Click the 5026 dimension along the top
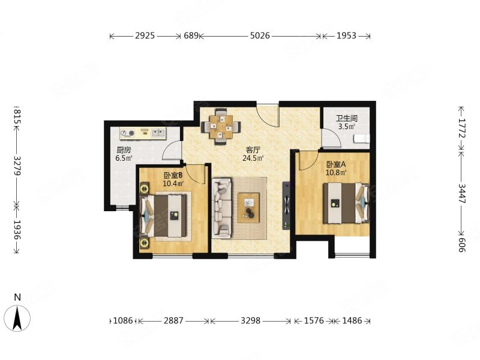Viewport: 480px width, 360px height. point(260,36)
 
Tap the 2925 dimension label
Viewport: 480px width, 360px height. point(145,36)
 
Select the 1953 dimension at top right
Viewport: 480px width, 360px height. point(347,36)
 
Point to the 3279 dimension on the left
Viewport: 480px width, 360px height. point(17,166)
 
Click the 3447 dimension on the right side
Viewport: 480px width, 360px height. point(461,193)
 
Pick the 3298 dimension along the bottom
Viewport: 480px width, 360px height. point(250,320)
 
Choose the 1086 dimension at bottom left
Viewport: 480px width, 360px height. point(123,320)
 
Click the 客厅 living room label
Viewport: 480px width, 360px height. point(253,151)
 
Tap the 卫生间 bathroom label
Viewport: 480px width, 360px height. point(347,118)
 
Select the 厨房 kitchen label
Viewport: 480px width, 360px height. point(124,150)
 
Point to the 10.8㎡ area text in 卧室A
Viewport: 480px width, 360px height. point(336,172)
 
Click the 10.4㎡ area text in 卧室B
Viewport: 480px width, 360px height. point(173,184)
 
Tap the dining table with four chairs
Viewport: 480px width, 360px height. point(221,127)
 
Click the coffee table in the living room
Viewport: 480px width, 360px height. point(249,207)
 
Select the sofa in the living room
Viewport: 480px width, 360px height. point(221,208)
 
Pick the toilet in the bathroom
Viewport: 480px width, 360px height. point(362,139)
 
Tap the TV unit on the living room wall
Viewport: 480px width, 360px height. point(286,205)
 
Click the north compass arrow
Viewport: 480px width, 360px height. point(17,318)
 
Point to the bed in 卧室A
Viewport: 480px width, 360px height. point(346,203)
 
